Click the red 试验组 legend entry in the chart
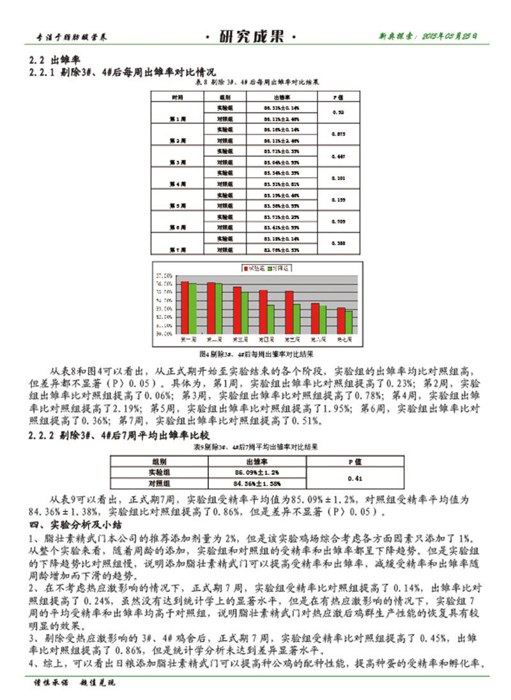(250, 270)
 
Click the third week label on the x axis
(240, 338)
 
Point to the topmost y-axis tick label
(162, 276)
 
